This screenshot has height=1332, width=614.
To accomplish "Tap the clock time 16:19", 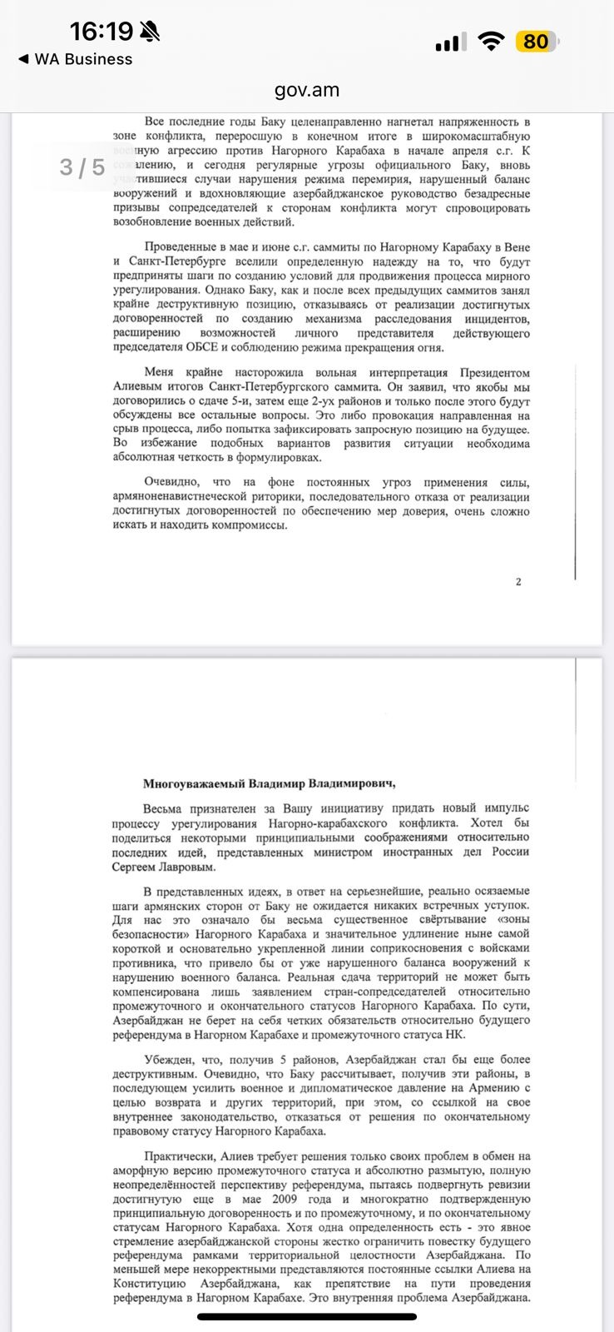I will click(x=102, y=32).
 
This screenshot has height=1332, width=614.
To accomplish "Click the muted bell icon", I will click(x=150, y=32).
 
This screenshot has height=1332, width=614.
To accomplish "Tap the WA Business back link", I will click(x=75, y=59).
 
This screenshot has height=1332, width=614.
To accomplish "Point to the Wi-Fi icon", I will click(x=493, y=42).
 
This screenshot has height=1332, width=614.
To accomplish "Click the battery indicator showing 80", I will click(x=537, y=42).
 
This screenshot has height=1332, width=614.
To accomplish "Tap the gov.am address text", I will click(x=307, y=90).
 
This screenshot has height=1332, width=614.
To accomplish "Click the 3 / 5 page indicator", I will click(x=82, y=167).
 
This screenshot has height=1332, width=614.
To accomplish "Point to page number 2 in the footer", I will click(x=518, y=582).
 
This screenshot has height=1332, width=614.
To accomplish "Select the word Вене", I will click(x=516, y=247).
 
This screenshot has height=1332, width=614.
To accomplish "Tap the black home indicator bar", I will click(x=307, y=1317).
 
